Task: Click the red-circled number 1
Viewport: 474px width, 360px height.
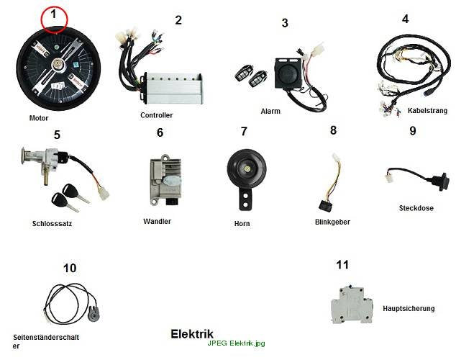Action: [x=54, y=14]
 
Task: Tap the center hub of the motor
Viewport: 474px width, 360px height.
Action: [x=57, y=65]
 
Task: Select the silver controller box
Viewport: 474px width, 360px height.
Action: [x=173, y=88]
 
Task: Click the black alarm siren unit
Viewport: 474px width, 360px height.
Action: [x=288, y=73]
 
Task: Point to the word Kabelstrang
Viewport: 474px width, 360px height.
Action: [x=427, y=110]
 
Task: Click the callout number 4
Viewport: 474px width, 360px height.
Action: [x=406, y=19]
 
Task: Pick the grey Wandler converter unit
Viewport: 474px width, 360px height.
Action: [x=165, y=180]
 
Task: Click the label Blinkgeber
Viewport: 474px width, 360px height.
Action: [x=332, y=222]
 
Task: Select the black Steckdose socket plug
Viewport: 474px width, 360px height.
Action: [x=440, y=181]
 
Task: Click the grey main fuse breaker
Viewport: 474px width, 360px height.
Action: [x=352, y=305]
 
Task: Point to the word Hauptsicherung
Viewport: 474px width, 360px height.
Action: [x=409, y=309]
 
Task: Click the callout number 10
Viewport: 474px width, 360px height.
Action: [x=70, y=268]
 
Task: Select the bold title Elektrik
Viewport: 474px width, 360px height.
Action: [x=192, y=334]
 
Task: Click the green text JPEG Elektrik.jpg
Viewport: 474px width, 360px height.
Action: [x=236, y=343]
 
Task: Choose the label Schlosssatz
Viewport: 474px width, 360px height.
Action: [x=52, y=224]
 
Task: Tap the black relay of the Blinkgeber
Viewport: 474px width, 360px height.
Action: [x=325, y=206]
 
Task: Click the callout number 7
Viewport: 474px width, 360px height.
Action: [x=244, y=132]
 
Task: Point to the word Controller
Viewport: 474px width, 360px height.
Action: [x=156, y=115]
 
